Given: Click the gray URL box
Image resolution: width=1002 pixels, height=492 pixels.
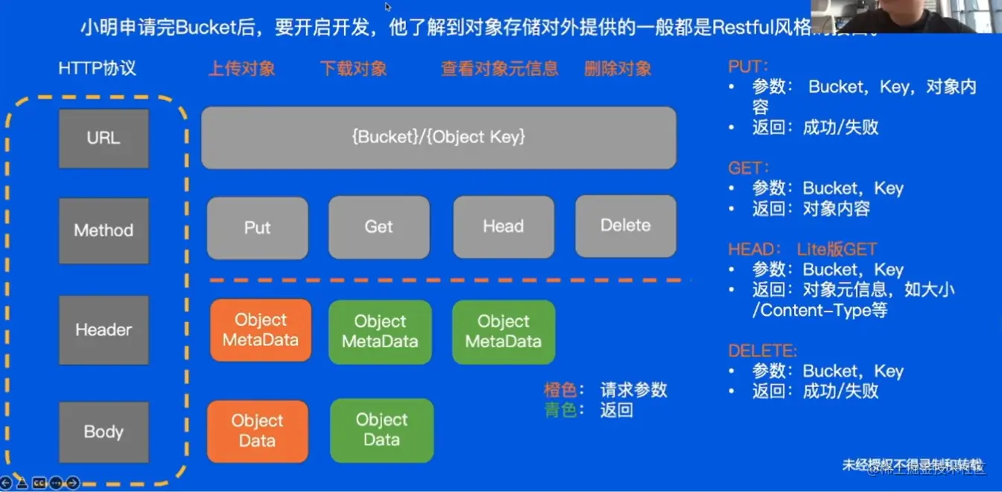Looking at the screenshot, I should (104, 139).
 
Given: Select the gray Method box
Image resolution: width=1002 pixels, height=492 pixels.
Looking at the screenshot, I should (104, 230).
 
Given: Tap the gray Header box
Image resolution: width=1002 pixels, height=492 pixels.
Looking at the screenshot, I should (104, 329).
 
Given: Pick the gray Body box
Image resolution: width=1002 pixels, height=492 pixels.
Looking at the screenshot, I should (104, 432).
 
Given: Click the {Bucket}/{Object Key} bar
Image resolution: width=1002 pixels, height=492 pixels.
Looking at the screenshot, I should (439, 137).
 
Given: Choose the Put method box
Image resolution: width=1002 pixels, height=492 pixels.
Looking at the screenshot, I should (257, 227).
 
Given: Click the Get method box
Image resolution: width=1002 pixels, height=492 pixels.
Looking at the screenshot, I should (378, 227).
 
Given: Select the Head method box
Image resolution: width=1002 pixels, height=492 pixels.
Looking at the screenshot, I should (503, 227).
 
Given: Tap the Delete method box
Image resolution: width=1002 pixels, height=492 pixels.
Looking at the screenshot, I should (625, 226).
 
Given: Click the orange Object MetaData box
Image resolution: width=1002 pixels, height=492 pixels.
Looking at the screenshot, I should (261, 330).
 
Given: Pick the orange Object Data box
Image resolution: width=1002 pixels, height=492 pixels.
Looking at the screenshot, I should (257, 431).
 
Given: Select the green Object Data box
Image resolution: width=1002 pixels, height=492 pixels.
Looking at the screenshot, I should (381, 430).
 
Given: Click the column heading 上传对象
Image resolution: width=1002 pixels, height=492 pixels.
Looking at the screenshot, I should (242, 69).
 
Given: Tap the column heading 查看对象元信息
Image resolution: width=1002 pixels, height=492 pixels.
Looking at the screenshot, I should (499, 69).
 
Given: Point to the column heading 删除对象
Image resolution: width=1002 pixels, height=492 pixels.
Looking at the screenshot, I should (618, 69).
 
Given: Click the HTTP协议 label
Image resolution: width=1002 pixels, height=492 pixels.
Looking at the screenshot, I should (97, 69).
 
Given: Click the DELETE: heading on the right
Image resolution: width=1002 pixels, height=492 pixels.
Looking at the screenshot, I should (762, 350).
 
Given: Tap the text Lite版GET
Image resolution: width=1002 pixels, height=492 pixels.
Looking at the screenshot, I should (837, 250).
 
